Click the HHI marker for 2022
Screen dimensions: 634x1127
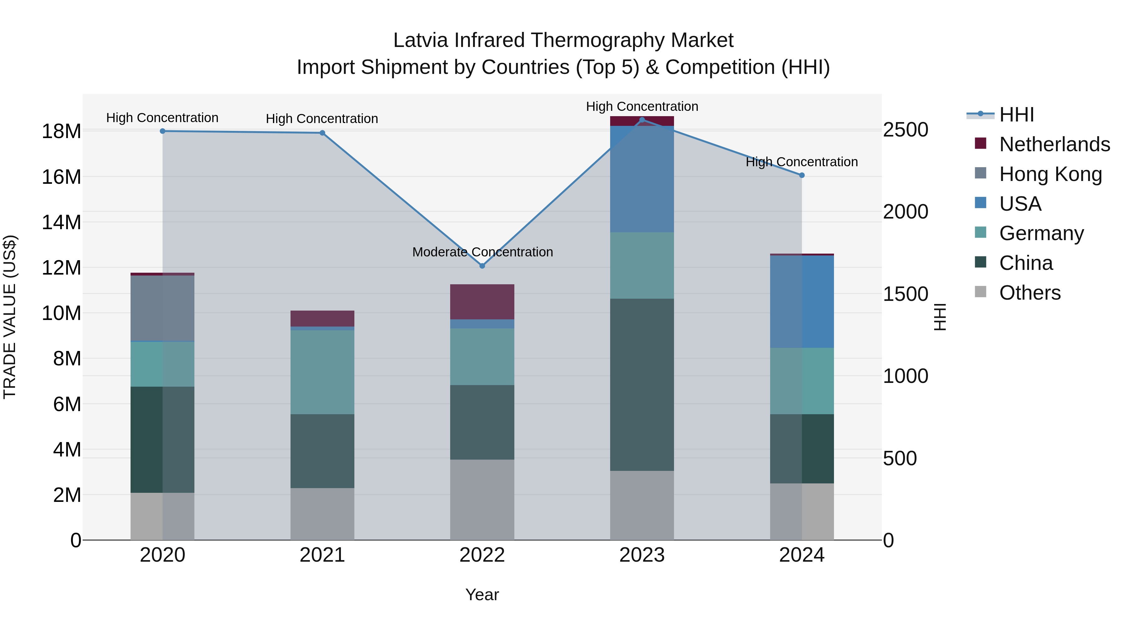click(x=482, y=265)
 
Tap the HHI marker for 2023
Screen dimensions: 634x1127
click(x=642, y=120)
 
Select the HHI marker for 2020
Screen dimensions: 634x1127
click(x=162, y=131)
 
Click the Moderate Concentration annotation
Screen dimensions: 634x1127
click(x=482, y=252)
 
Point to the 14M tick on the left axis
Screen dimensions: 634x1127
click(x=61, y=222)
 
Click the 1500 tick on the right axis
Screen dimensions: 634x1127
click(x=905, y=294)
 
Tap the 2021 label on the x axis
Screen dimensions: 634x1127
click(x=322, y=555)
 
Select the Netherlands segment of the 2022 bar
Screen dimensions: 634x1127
click(x=482, y=302)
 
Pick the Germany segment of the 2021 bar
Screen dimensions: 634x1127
click(x=322, y=372)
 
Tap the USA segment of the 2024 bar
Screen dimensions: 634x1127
click(x=801, y=302)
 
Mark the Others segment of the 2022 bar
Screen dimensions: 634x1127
click(x=482, y=499)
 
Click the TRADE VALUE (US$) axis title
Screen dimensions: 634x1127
click(x=10, y=317)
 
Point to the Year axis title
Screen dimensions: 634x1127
click(x=482, y=595)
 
